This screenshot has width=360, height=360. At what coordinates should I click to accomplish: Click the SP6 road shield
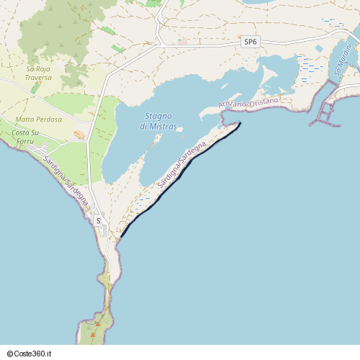pyautogui.click(x=250, y=42)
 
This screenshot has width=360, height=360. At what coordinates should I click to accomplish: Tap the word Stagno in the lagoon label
pyautogui.click(x=158, y=116)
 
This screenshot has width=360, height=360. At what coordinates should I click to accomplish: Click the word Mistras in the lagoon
pyautogui.click(x=164, y=126)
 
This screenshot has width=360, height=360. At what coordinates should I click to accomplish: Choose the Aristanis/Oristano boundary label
pyautogui.click(x=248, y=104)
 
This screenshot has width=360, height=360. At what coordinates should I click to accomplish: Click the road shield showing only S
pyautogui.click(x=98, y=221)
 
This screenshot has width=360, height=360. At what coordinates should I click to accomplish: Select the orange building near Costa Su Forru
pyautogui.click(x=79, y=134)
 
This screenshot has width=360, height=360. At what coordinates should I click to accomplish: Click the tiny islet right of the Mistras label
pyautogui.click(x=181, y=130)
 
